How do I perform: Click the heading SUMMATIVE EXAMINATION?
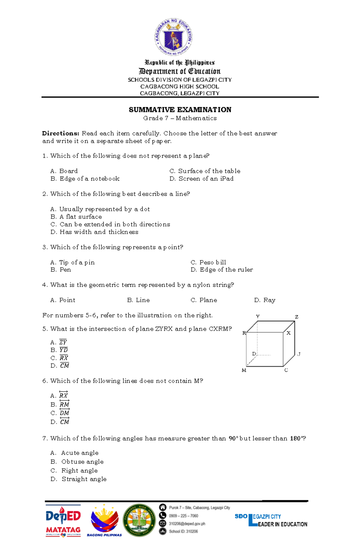[x=180, y=110]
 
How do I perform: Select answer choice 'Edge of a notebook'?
[x=89, y=179]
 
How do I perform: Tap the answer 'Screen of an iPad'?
[x=206, y=179]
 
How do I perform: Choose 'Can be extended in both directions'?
[x=115, y=224]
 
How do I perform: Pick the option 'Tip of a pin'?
[x=77, y=262]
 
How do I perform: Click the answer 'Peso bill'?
[x=212, y=262]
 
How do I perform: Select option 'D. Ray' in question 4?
[x=269, y=300]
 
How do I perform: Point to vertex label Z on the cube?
[x=296, y=317]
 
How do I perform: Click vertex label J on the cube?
[x=299, y=354]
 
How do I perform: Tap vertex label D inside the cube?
[x=254, y=354]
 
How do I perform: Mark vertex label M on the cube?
[x=244, y=370]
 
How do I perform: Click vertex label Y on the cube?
[x=257, y=317]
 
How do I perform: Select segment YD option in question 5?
[x=64, y=350]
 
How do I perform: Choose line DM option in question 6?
[x=64, y=413]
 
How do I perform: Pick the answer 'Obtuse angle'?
[x=82, y=462]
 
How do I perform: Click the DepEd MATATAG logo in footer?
[x=63, y=521]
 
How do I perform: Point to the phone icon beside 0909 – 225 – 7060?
[x=163, y=516]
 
